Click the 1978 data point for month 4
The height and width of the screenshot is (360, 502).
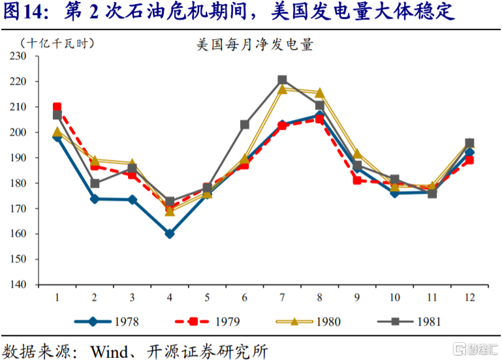tap(170, 233)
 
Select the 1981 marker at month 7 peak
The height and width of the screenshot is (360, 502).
tap(282, 80)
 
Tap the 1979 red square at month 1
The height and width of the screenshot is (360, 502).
tap(57, 107)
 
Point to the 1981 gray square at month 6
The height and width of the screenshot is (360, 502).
tap(245, 124)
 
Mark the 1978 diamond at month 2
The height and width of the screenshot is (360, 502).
tap(95, 199)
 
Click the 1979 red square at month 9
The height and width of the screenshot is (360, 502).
tap(357, 180)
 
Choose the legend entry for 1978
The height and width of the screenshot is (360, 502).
tap(107, 321)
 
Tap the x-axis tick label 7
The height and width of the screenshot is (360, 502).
tap(282, 297)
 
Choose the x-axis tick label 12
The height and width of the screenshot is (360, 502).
tap(469, 297)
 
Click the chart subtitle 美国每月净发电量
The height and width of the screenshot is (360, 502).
tap(255, 45)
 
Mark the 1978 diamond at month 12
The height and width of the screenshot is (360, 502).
tap(469, 153)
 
